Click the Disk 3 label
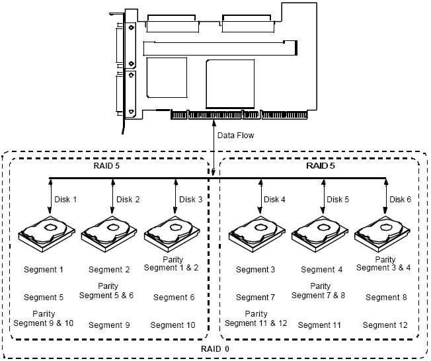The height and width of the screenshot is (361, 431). tap(191, 199)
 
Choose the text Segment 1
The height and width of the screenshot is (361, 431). tap(44, 270)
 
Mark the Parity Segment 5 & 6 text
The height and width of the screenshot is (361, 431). tap(106, 291)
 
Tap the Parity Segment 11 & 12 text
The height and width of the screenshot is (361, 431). tap(256, 319)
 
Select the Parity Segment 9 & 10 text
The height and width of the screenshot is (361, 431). tap(44, 319)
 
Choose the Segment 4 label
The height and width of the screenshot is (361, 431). tap(322, 270)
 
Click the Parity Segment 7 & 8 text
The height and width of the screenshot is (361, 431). tap(320, 291)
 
